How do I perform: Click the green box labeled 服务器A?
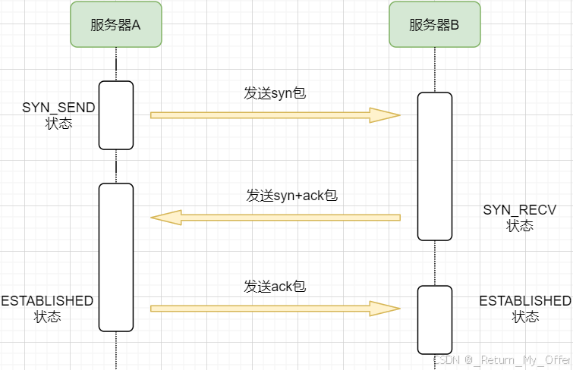click(x=116, y=24)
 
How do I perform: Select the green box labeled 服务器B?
click(x=434, y=24)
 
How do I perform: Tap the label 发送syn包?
click(x=275, y=93)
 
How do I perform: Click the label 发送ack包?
click(x=275, y=287)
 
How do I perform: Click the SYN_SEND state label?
click(x=59, y=108)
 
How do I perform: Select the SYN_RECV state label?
click(x=520, y=209)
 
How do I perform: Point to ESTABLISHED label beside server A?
click(x=47, y=301)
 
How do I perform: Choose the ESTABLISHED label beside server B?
click(x=525, y=301)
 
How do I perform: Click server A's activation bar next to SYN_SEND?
click(x=116, y=114)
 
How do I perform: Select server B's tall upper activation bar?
click(x=435, y=166)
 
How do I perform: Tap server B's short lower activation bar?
click(x=435, y=319)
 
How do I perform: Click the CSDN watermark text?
click(x=502, y=359)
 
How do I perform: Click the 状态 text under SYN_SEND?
click(x=59, y=123)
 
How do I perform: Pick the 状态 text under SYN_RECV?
click(x=520, y=225)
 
